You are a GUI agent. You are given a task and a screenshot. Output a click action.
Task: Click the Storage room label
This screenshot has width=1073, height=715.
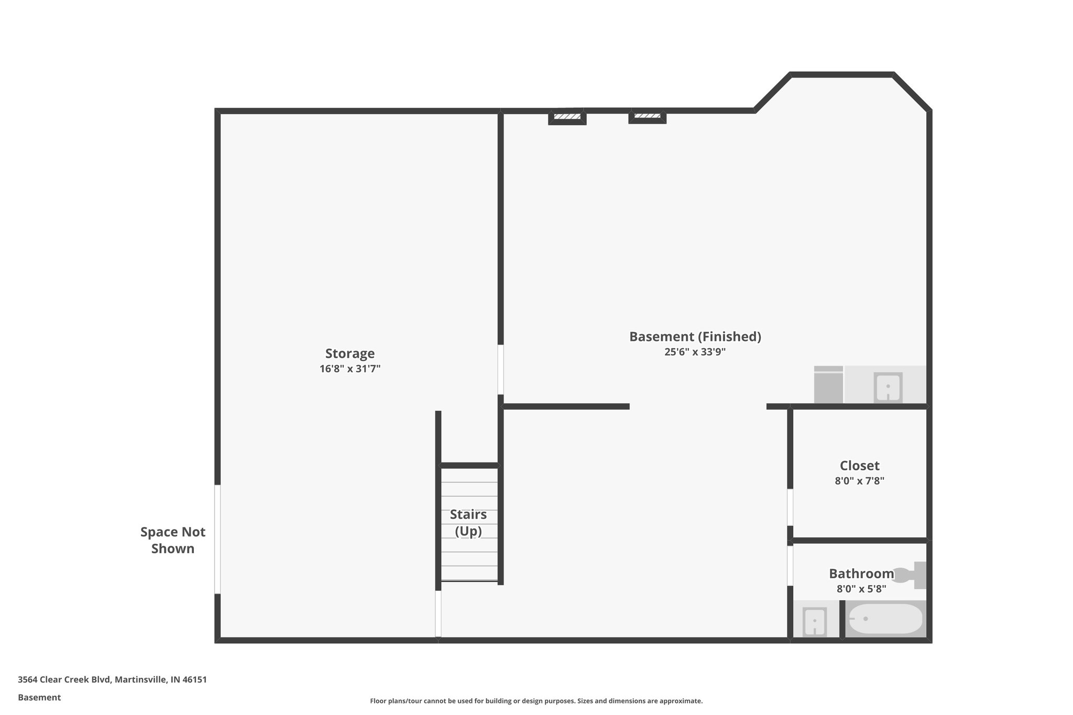point(349,353)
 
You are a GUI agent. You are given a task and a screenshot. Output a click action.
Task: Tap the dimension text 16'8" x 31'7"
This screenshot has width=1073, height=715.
point(349,369)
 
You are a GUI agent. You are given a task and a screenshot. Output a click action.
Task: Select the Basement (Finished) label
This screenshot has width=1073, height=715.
point(695,336)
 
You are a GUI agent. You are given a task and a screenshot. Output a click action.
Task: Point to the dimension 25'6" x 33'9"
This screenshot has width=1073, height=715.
point(695,352)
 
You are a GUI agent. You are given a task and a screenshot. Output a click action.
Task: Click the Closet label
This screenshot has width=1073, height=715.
point(859,465)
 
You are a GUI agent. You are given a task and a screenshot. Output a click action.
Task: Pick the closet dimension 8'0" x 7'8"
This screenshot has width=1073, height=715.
point(859,481)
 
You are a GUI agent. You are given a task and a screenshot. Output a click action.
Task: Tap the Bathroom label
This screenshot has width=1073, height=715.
point(861,574)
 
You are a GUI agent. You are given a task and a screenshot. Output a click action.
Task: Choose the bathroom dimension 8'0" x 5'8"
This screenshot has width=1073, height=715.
point(861,589)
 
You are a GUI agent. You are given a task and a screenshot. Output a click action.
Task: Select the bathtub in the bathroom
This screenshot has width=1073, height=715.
point(885,619)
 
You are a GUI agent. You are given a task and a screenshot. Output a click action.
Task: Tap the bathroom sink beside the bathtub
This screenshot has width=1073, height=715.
point(814,621)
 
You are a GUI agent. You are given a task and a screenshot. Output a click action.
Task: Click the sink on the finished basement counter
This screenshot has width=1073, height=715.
point(888,387)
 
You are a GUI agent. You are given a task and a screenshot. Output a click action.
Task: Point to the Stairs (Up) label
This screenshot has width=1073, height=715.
point(468,523)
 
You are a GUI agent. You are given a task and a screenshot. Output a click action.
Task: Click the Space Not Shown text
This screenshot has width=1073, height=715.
point(173,540)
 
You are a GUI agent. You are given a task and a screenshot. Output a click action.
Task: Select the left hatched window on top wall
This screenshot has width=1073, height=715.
point(567,116)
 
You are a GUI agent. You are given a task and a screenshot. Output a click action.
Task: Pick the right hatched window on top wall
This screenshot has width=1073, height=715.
point(647,116)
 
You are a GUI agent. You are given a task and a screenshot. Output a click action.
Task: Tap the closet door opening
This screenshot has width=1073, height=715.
point(790,507)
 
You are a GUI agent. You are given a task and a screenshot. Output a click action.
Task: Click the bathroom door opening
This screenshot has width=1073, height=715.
point(790,566)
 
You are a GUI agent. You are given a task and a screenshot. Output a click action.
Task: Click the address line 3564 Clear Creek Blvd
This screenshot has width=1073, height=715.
point(112,680)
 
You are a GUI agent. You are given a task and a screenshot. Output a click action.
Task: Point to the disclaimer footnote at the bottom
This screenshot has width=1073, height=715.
point(536,701)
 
